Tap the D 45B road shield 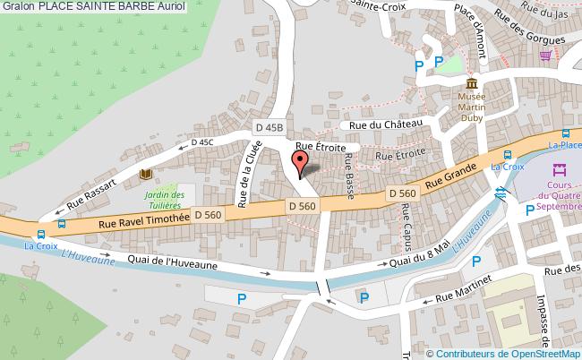coord(267,128)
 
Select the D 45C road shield coord(201,141)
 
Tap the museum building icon coord(470,83)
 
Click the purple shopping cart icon coord(545,56)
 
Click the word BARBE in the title coord(123,6)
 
